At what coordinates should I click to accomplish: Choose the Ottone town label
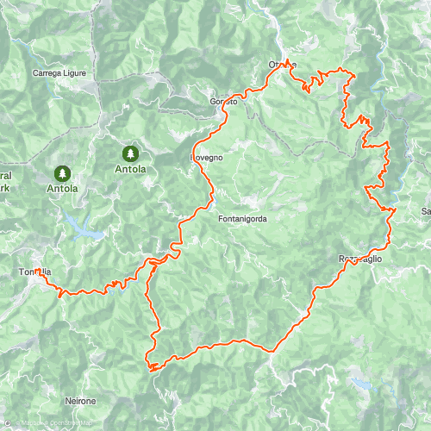point(282,66)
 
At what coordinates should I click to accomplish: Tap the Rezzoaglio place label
point(359,259)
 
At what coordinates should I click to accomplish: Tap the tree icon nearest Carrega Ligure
point(130,153)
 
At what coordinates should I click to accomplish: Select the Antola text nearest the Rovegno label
point(130,170)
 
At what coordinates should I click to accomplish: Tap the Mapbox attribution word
point(29,422)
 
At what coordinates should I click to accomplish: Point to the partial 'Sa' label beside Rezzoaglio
point(425,211)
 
